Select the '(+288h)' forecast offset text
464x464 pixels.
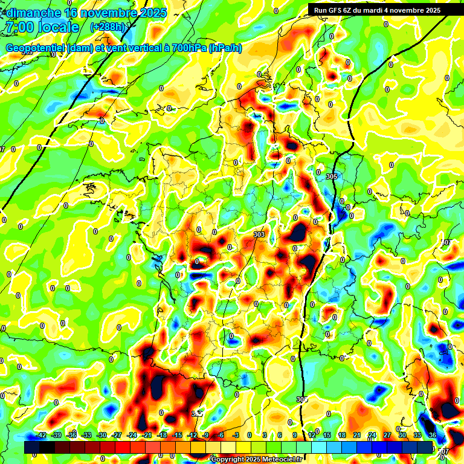tap(109, 27)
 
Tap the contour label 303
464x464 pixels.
tap(259, 234)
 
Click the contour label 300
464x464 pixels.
tap(301, 399)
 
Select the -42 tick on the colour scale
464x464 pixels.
tap(42, 435)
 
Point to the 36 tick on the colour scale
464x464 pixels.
tap(432, 435)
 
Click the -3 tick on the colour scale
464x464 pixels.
tap(236, 435)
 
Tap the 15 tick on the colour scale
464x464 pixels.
tap(327, 435)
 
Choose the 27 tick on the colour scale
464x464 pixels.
tap(387, 435)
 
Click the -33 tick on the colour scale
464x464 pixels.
tap(86, 435)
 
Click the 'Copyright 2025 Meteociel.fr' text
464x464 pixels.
tap(256, 460)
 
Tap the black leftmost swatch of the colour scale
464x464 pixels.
tap(32, 447)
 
